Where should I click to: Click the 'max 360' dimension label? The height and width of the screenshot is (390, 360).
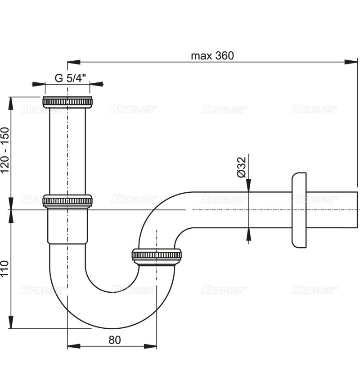[212, 56]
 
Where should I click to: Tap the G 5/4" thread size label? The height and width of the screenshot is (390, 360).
[70, 78]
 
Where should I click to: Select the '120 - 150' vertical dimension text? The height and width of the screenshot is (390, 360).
[5, 150]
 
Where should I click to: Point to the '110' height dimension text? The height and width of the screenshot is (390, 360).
[5, 268]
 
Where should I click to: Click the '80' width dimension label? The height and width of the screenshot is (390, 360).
[115, 340]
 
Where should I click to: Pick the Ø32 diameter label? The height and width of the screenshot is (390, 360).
[241, 167]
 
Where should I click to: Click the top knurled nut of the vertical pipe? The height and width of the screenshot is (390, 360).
[67, 102]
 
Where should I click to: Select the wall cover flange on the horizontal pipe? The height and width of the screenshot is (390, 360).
[299, 210]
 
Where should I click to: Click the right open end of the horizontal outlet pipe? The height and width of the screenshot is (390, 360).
[357, 210]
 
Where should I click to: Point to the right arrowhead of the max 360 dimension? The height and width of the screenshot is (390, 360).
[351, 62]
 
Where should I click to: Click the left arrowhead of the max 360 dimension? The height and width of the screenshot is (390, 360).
[74, 62]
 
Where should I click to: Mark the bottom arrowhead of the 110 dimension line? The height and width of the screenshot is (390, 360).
[11, 322]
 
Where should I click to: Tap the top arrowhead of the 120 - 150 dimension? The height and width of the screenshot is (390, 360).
[11, 103]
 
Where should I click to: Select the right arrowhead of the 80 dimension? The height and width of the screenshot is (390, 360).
[150, 346]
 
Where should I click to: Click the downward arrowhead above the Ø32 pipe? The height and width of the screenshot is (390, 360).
[248, 185]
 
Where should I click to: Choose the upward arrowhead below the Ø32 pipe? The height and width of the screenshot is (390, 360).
[248, 235]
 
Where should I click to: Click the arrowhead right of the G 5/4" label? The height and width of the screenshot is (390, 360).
[96, 84]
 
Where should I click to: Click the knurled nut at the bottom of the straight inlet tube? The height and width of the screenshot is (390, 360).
[67, 201]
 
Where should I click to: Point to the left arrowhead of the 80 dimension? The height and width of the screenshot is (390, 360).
[74, 346]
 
